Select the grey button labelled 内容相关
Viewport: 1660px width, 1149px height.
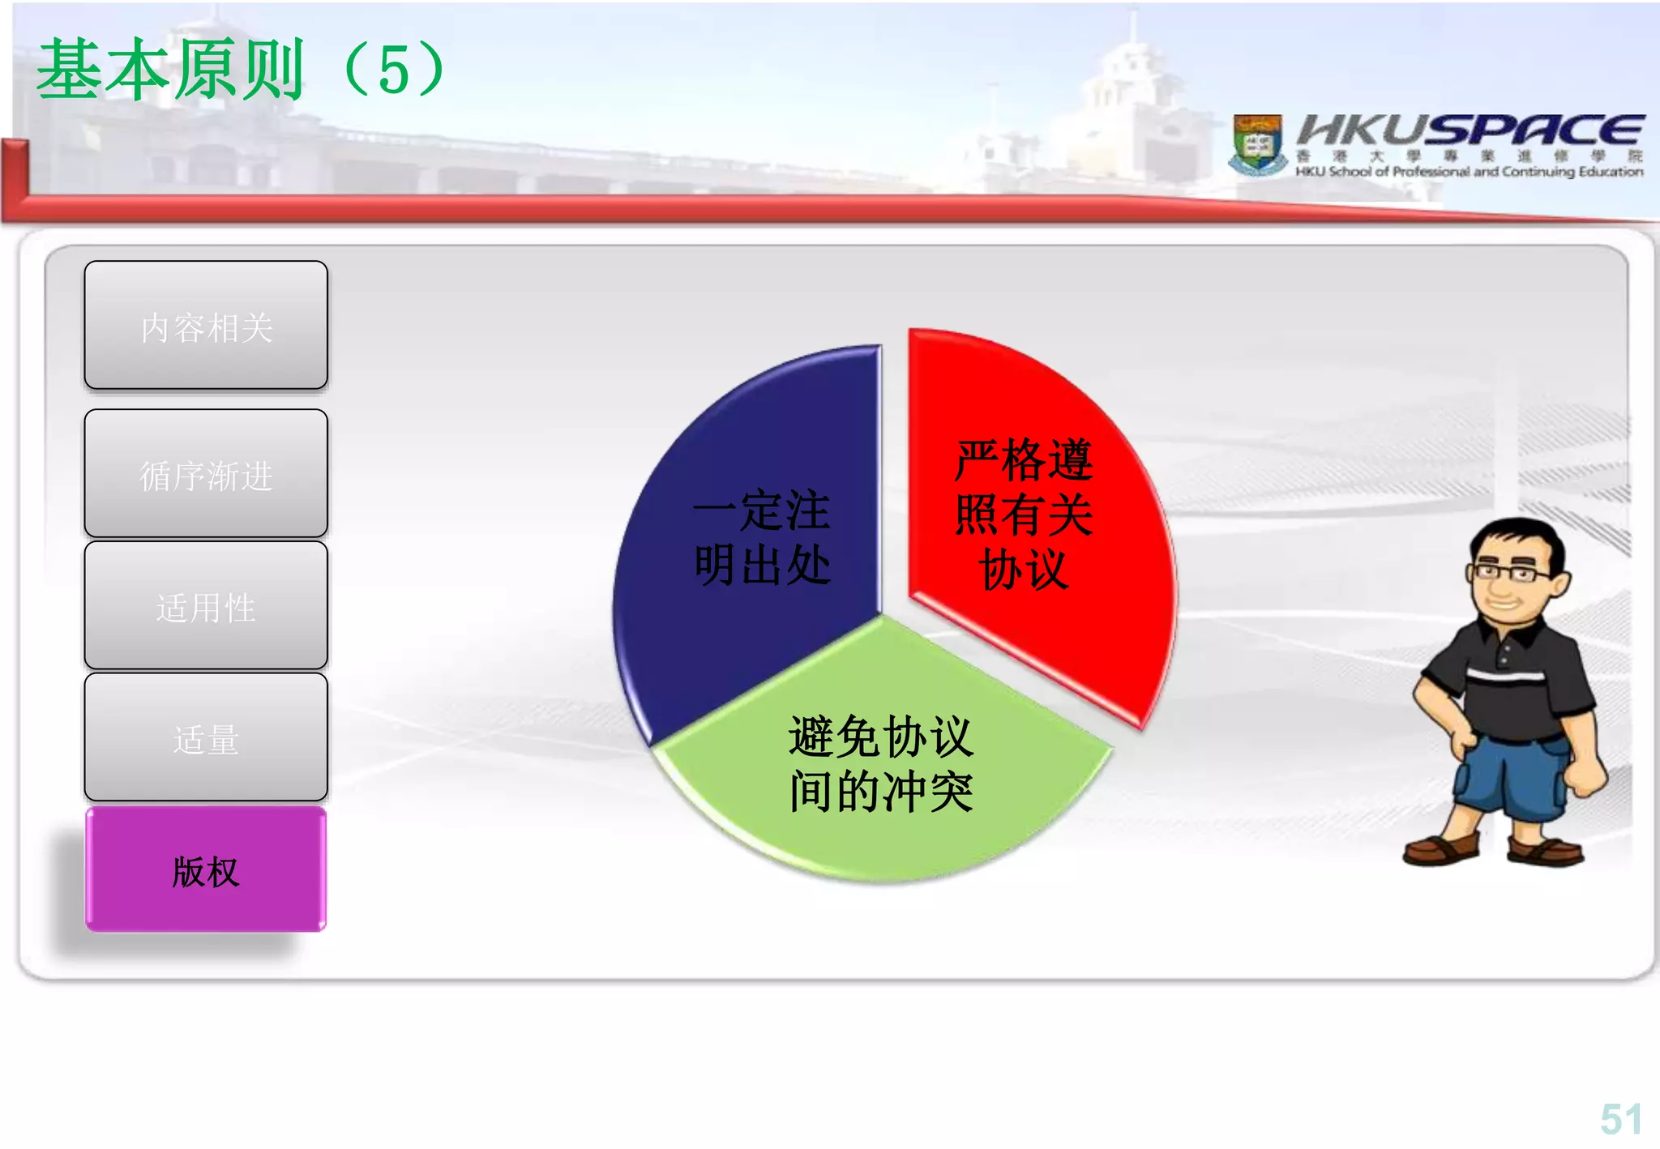coord(206,326)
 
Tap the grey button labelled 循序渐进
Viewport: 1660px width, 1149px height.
coord(206,474)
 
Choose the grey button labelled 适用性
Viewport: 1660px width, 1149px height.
coord(206,606)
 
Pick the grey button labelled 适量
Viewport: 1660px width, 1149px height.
coord(206,738)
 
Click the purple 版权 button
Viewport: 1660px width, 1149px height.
coord(206,870)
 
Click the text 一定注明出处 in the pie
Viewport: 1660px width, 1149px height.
coord(762,537)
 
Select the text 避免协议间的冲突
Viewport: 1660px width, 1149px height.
coord(881,763)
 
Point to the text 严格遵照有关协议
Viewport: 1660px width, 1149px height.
coord(1024,514)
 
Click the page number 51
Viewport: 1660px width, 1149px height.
coord(1620,1119)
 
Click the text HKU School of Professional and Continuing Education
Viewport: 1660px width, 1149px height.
coord(1469,172)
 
